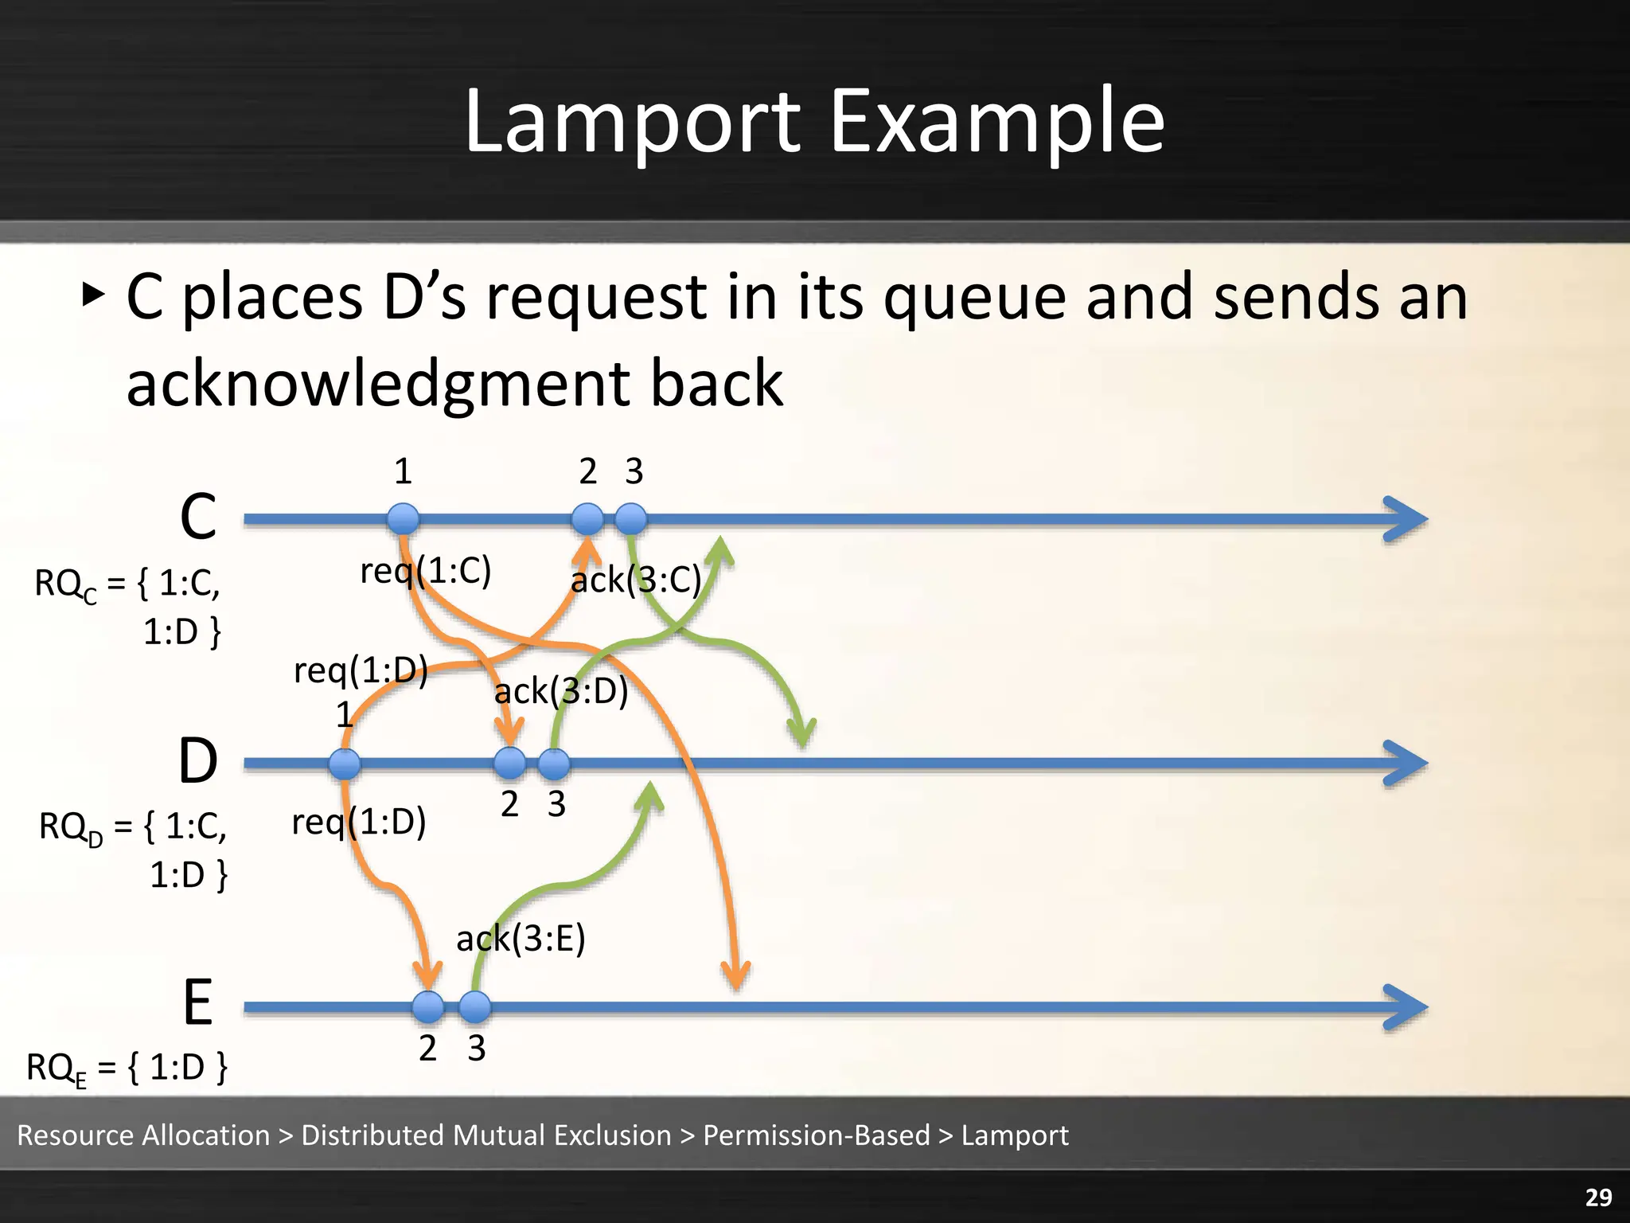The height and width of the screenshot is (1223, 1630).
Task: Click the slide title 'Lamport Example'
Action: click(x=814, y=122)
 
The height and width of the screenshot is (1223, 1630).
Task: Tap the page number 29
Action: click(x=1598, y=1197)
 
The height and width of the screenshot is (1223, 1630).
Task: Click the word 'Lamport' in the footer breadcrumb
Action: click(x=1015, y=1135)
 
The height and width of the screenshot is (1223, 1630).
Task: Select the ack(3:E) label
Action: click(x=521, y=938)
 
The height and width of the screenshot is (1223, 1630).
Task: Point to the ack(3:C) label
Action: click(x=636, y=579)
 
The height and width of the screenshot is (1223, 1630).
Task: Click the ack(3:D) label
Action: click(x=561, y=690)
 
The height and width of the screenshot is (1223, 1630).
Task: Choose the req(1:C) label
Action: click(x=426, y=570)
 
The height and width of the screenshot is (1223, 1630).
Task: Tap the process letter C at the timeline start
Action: click(x=198, y=518)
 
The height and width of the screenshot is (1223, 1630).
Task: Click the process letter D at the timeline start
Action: click(x=197, y=761)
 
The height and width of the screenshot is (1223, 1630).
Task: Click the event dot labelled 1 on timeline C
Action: click(x=404, y=519)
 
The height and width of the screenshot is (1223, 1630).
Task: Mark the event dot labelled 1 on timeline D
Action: click(x=345, y=764)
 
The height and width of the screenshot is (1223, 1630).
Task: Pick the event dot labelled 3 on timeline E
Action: click(x=475, y=1006)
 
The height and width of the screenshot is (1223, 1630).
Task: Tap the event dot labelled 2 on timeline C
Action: click(x=587, y=519)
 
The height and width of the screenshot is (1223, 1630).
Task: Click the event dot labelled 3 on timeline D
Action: click(x=554, y=764)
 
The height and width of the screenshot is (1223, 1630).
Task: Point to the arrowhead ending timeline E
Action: click(x=1407, y=1007)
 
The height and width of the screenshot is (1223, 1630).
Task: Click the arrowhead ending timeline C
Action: click(x=1407, y=519)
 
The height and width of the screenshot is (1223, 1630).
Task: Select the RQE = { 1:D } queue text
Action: click(x=127, y=1068)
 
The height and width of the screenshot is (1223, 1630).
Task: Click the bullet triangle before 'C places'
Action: click(x=93, y=295)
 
